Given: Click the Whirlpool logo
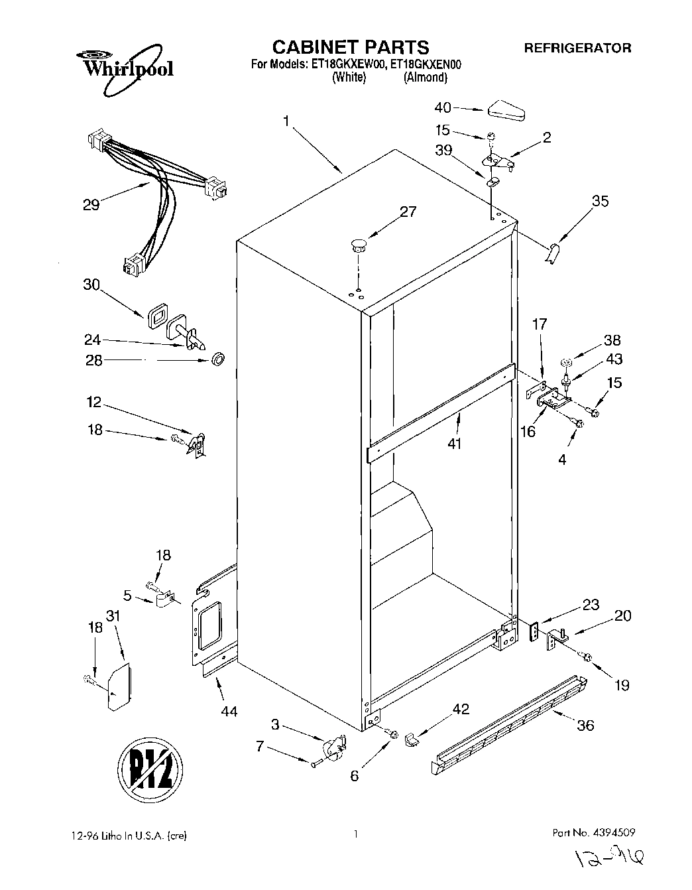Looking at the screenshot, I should pos(125,66).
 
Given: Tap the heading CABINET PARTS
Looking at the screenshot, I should pos(351,47).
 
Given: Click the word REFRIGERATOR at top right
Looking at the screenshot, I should pos(577,48).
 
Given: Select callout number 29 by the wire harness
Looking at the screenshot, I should pos(91,204).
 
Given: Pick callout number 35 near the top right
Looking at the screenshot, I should pos(600,201).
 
